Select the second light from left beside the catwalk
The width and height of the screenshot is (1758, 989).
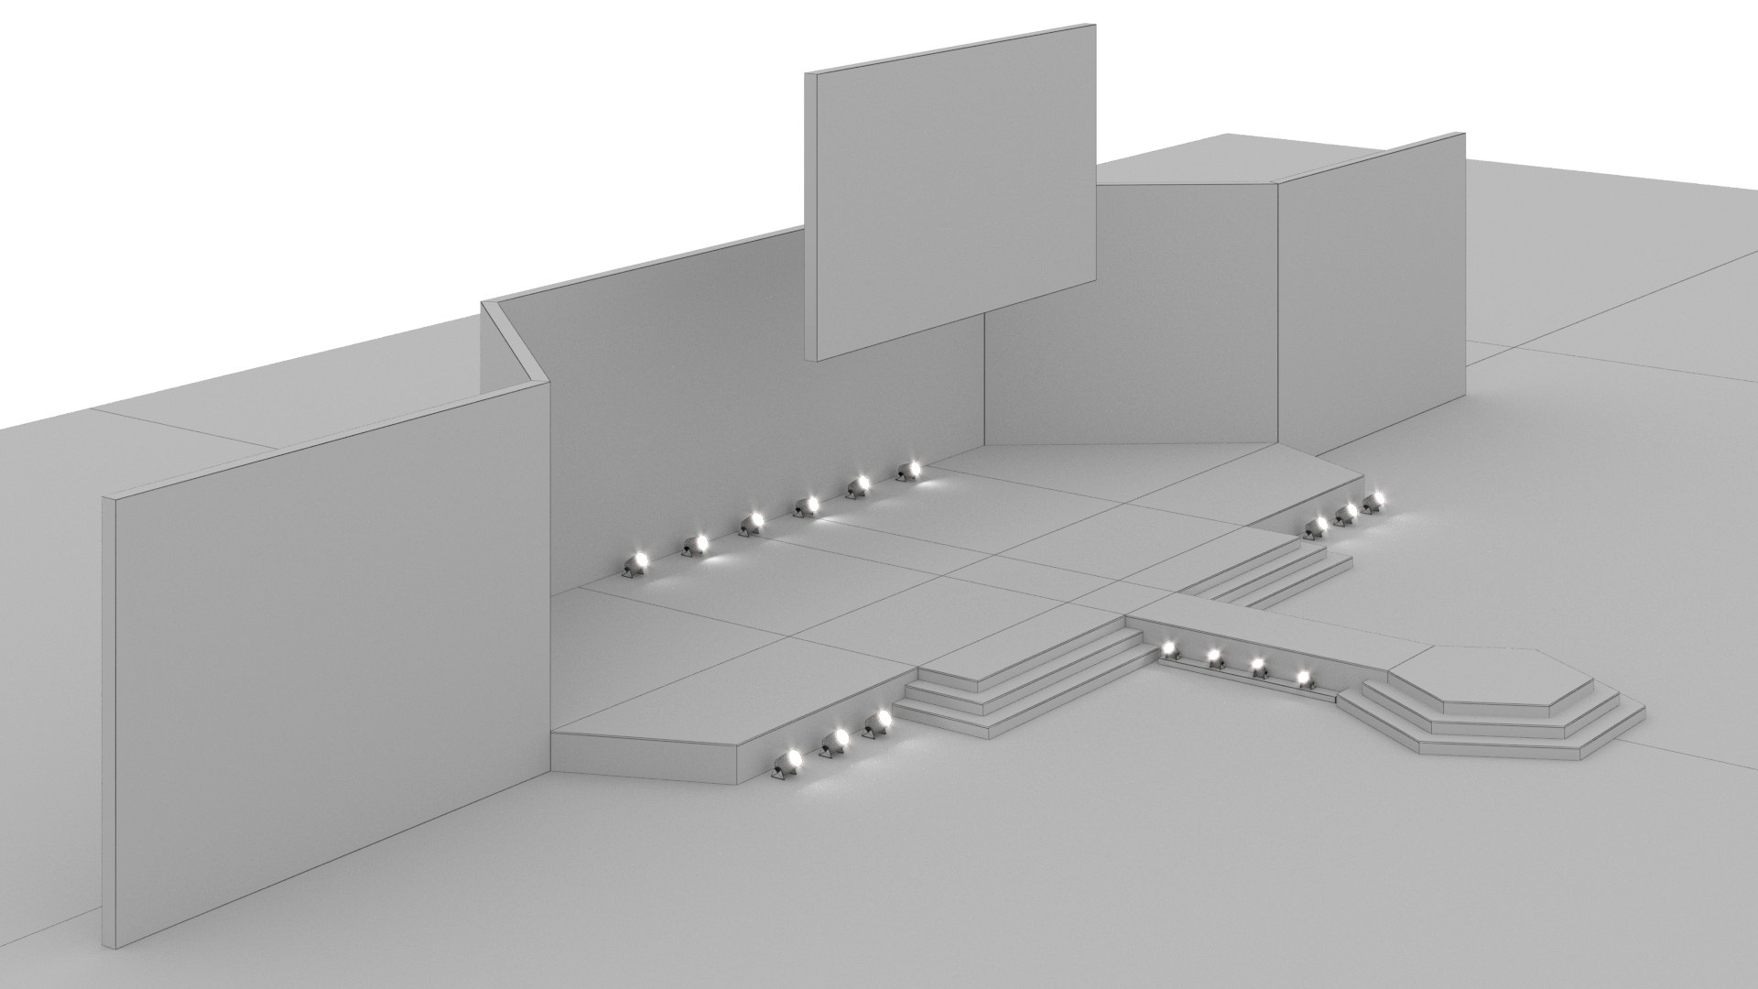(x=1215, y=657)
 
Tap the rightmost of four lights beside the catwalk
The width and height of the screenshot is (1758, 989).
(x=1303, y=678)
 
